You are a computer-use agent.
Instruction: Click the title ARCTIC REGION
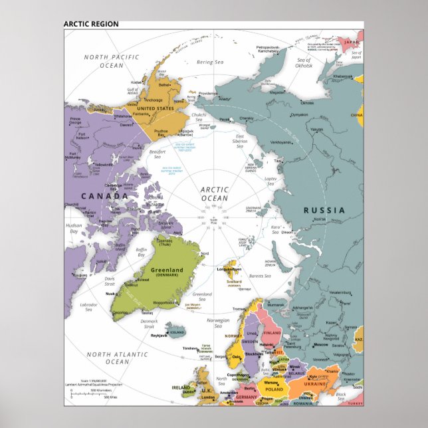click(x=91, y=24)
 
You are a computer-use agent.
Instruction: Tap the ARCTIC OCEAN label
click(x=214, y=193)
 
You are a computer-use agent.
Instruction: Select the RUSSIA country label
click(x=324, y=210)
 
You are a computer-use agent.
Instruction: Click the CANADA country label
click(x=104, y=196)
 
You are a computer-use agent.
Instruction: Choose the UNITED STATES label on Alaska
click(x=156, y=108)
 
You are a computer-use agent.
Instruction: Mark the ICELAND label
click(x=177, y=332)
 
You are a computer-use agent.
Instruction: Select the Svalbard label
click(x=233, y=281)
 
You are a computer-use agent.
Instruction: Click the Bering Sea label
click(x=210, y=62)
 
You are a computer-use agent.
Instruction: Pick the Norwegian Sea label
click(x=217, y=323)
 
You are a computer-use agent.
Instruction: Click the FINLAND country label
click(x=272, y=331)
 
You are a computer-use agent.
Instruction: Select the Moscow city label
click(x=320, y=344)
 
